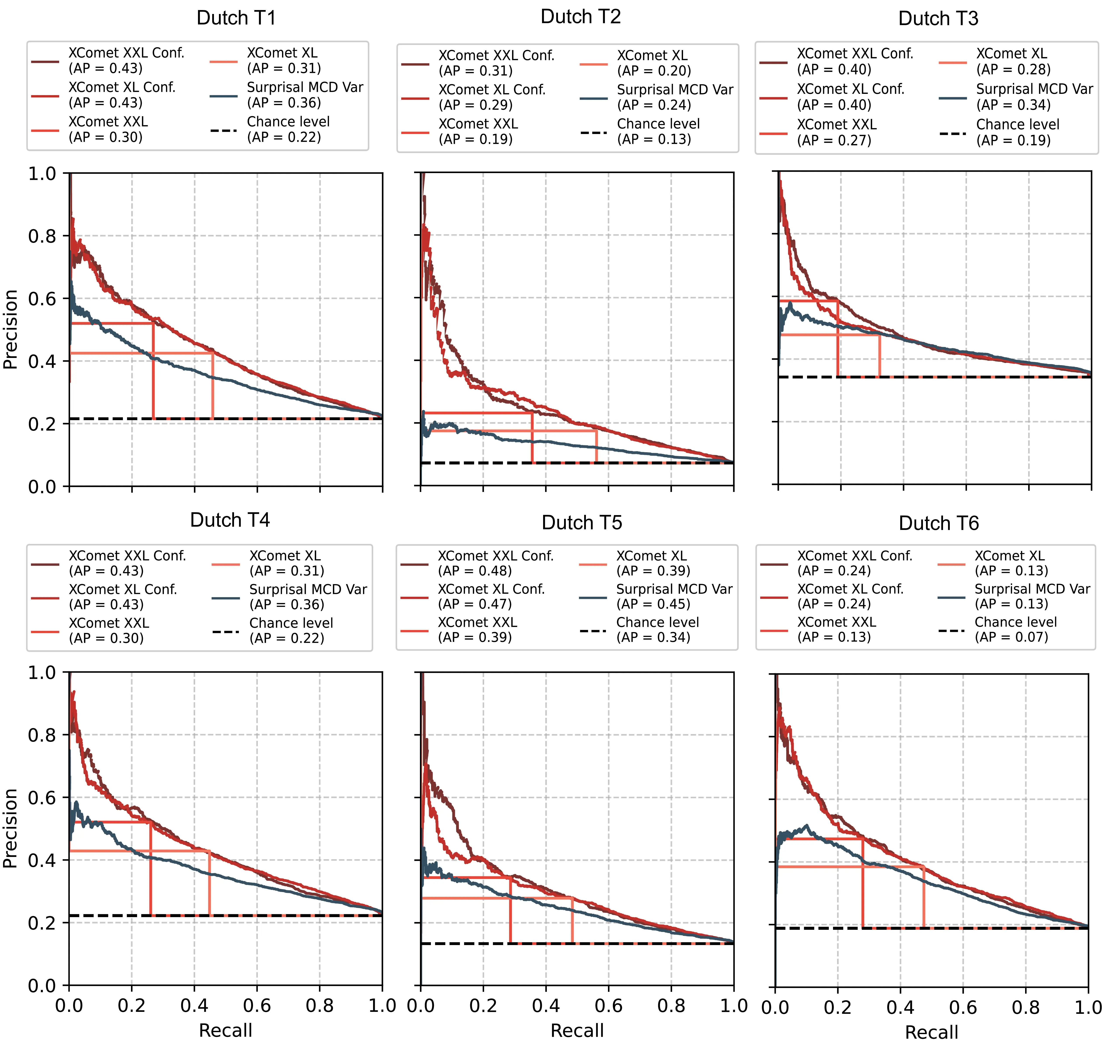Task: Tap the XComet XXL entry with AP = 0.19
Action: (x=478, y=132)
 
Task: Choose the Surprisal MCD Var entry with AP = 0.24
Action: (x=675, y=97)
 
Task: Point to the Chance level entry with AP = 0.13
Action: (x=658, y=132)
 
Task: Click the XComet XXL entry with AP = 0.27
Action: (x=836, y=132)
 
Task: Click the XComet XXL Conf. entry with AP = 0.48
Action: (x=495, y=563)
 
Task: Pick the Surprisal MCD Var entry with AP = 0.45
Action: (x=674, y=596)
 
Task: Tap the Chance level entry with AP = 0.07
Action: (x=1015, y=630)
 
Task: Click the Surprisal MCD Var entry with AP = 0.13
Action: (x=1032, y=596)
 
